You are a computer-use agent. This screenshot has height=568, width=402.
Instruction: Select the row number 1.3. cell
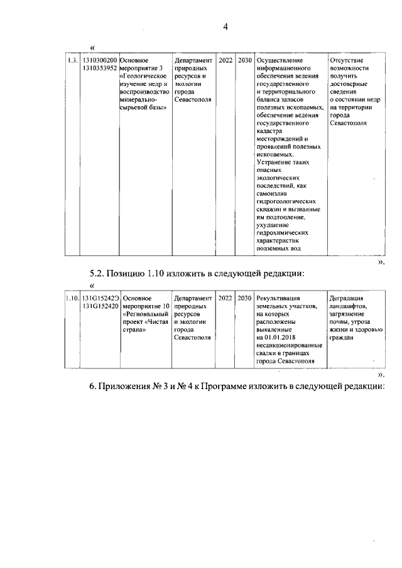click(72, 60)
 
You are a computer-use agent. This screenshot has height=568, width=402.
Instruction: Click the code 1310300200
click(99, 60)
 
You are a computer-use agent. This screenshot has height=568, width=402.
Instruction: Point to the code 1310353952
click(99, 68)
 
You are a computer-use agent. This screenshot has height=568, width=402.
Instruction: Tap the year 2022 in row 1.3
click(225, 60)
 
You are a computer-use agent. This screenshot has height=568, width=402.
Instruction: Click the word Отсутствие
click(346, 60)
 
